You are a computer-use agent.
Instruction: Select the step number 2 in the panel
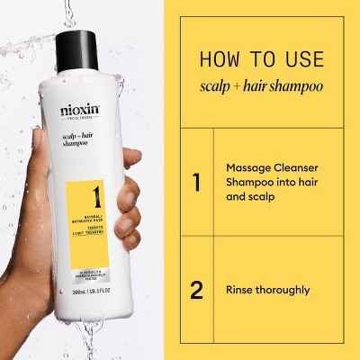pyautogui.click(x=197, y=291)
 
